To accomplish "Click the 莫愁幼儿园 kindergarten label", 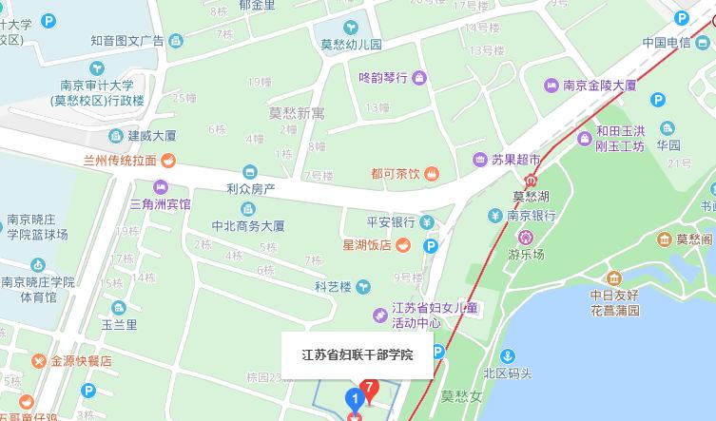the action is click(350, 44).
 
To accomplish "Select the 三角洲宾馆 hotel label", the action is click(160, 203).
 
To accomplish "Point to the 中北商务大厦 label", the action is click(248, 226).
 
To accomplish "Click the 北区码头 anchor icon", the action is click(508, 355).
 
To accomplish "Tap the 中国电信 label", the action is click(666, 43).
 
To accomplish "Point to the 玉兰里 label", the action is click(120, 324).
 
